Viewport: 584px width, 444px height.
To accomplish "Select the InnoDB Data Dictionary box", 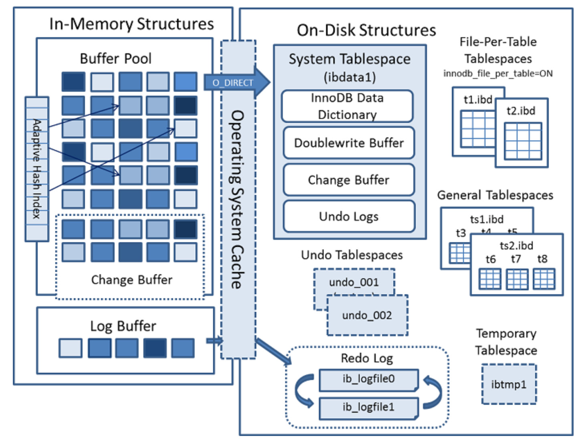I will pos(347,106).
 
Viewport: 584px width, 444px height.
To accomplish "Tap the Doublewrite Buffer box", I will pos(348,143).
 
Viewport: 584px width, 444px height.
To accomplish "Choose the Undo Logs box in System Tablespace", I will pos(348,217).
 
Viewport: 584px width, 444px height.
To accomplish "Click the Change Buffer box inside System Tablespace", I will pos(348,180).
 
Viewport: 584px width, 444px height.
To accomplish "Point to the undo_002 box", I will pos(367,315).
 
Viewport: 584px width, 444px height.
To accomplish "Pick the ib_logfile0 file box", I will pos(369,379).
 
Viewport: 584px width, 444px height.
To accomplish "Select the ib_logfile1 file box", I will pos(369,407).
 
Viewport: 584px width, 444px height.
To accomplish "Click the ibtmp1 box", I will pos(509,384).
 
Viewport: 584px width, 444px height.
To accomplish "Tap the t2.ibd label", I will pos(521,110).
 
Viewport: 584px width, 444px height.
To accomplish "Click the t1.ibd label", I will pos(478,99).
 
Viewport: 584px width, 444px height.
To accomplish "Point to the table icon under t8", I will pos(544,279).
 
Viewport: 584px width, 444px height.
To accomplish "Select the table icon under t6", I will pos(490,279).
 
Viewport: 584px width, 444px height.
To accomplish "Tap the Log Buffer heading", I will pos(123,326).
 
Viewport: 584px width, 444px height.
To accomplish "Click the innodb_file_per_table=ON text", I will pos(498,74).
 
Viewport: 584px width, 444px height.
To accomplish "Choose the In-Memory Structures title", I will pos(131,24).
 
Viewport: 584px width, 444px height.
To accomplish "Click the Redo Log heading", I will pos(367,358).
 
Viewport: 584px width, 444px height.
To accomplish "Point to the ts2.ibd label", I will pos(516,245).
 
